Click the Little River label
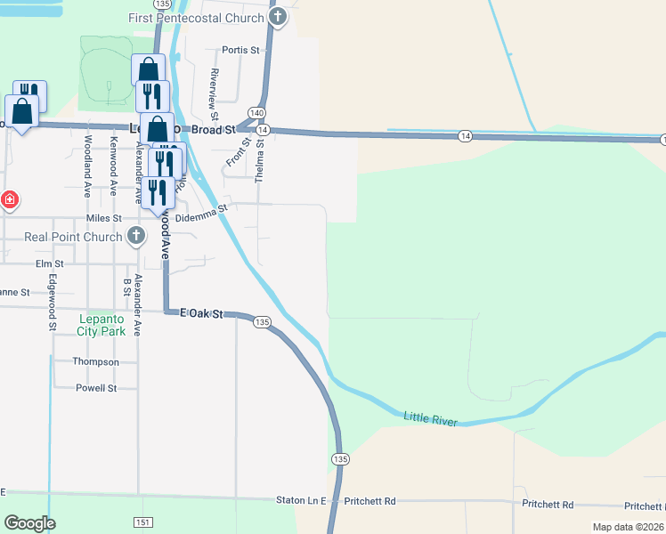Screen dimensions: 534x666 pos(430,417)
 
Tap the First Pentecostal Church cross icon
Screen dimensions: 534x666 pos(278,17)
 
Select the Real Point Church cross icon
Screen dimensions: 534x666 pos(135,237)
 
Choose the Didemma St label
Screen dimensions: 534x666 pos(202,214)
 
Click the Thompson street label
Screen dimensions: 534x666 pos(96,362)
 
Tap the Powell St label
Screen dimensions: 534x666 pos(96,388)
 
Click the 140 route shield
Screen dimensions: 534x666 pos(256,113)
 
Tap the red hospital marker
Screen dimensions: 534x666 pos(9,199)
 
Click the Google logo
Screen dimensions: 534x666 pos(29,523)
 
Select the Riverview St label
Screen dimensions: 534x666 pos(215,94)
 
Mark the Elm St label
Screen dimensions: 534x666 pos(49,264)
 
